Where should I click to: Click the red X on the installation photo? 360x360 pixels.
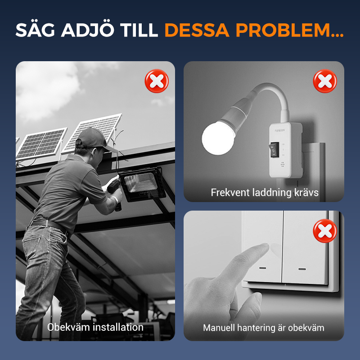click(157, 81)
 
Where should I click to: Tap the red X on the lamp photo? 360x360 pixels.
click(325, 81)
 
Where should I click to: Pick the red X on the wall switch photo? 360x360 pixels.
click(325, 231)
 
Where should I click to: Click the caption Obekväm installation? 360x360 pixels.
click(95, 327)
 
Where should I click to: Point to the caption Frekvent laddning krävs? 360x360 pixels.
click(265, 193)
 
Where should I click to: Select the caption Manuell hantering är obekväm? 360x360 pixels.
click(264, 328)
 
